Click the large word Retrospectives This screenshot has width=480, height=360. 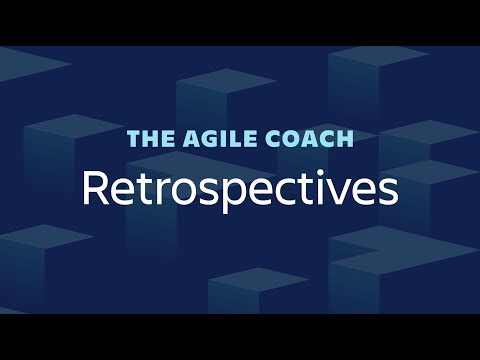click(240, 188)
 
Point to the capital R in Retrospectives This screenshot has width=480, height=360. click(96, 188)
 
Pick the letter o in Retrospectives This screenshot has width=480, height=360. click(177, 191)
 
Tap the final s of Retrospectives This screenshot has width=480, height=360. click(387, 191)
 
